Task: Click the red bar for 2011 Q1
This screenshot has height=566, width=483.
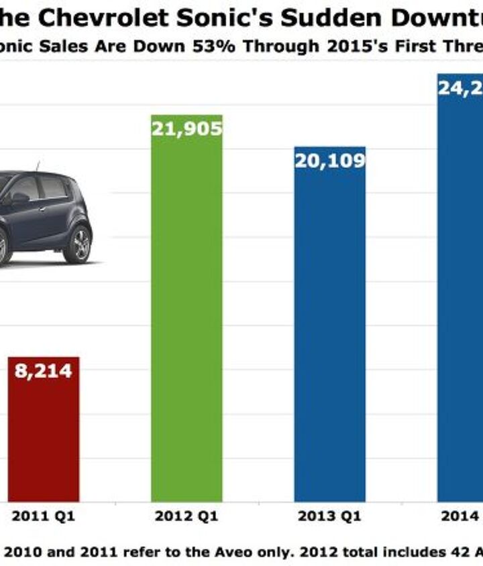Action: click(44, 435)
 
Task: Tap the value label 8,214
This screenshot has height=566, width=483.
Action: click(44, 370)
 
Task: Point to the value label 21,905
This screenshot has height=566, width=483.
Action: click(186, 128)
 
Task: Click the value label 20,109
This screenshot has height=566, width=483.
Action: click(329, 161)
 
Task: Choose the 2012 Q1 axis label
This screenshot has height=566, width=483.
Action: click(186, 517)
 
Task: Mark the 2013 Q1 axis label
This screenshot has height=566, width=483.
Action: click(329, 517)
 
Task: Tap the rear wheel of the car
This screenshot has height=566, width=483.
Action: click(77, 244)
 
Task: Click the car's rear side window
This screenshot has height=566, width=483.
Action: click(54, 188)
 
